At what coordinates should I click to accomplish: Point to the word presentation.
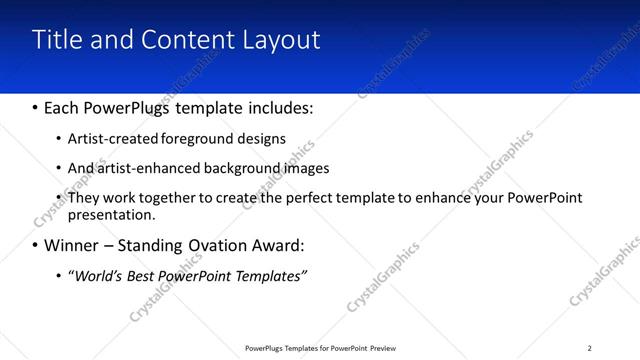point(111,215)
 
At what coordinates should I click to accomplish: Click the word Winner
point(71,245)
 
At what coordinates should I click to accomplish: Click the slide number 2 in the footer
point(589,348)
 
